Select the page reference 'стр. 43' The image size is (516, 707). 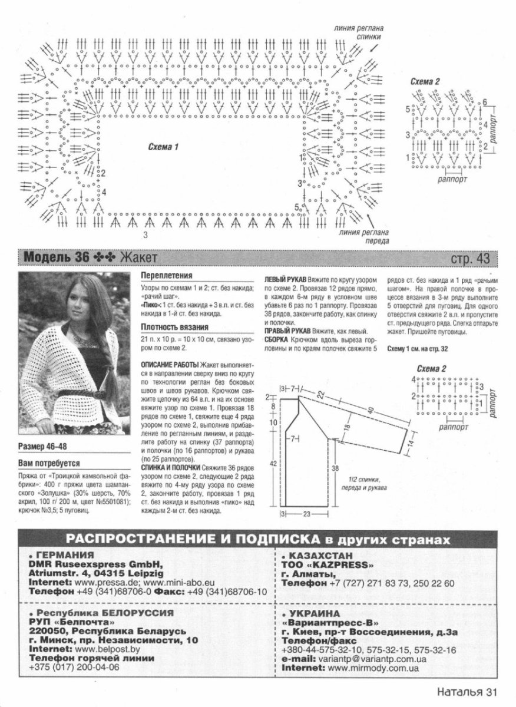(x=470, y=258)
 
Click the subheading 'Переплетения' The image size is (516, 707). (x=167, y=276)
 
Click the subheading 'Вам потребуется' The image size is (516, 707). (x=49, y=463)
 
